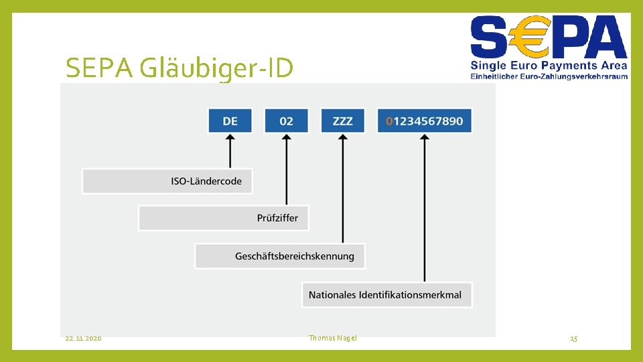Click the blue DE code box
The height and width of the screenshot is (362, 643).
(x=230, y=121)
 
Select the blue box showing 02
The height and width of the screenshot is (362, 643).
(x=286, y=121)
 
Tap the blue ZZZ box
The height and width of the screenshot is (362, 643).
(x=342, y=121)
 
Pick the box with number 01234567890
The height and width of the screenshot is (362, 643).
(x=424, y=121)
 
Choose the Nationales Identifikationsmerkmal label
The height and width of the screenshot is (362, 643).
(x=386, y=294)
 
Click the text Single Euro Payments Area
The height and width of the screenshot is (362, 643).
(x=549, y=65)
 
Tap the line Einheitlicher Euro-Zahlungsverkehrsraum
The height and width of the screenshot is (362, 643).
(x=549, y=76)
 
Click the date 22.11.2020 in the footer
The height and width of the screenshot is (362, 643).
(x=84, y=339)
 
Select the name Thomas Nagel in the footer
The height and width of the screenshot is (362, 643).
(x=333, y=338)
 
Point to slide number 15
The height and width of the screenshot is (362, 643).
(x=573, y=339)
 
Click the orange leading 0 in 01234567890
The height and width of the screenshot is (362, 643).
(x=390, y=121)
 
